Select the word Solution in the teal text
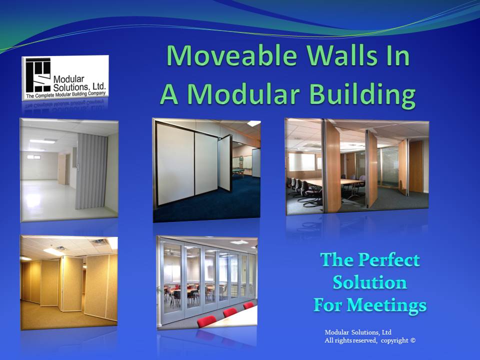point(369,282)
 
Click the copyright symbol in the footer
point(412,340)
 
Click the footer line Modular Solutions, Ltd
point(358,332)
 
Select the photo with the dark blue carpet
point(206,169)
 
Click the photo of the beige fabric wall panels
point(69,282)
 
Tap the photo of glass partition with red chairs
point(206,282)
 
